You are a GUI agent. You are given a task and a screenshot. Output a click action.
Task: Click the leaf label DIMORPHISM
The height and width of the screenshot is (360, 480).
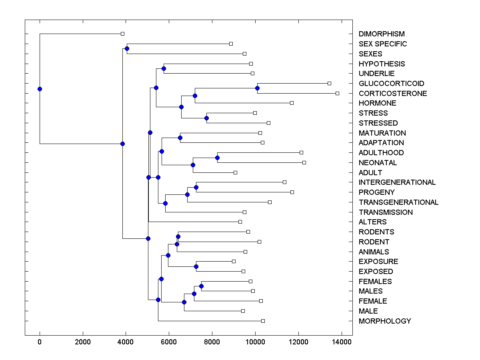[x=382, y=34]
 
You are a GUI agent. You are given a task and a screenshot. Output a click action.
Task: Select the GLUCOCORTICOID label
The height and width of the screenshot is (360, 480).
[x=391, y=84]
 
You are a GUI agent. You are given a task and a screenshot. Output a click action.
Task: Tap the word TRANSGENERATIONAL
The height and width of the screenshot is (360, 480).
[x=398, y=202]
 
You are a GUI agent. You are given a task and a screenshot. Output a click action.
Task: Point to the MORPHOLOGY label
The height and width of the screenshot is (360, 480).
[x=385, y=321]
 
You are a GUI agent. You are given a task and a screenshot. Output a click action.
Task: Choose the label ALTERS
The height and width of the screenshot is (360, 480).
[x=373, y=222]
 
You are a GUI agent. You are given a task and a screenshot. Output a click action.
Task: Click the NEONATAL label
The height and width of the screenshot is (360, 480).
[x=378, y=163]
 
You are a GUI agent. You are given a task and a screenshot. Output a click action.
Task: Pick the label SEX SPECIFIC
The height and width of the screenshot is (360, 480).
[x=383, y=44]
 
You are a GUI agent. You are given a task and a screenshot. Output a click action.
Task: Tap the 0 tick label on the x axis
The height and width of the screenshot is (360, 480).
[x=40, y=342]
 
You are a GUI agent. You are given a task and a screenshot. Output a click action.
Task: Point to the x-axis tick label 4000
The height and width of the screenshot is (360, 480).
[x=126, y=342]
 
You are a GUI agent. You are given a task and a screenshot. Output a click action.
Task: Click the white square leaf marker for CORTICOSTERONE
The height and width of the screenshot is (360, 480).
[x=337, y=93]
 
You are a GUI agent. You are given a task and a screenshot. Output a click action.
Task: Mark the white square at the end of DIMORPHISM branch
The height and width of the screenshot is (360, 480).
[x=123, y=34]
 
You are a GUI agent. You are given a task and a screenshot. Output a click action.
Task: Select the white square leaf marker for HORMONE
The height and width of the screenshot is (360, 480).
[x=292, y=103]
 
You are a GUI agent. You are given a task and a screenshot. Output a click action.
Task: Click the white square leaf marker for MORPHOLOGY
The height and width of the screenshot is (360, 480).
[x=263, y=321]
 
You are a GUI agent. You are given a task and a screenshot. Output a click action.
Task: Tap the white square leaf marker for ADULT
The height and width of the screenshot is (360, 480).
[x=235, y=172]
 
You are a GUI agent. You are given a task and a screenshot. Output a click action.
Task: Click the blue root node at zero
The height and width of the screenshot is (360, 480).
[x=40, y=89]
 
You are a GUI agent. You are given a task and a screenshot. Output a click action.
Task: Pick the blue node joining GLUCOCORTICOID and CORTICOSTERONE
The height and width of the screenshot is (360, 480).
[x=257, y=88]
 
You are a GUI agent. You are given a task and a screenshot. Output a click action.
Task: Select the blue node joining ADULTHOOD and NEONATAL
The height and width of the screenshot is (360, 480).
[x=217, y=158]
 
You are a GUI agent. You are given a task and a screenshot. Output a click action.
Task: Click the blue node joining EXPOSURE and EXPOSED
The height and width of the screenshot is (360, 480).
[x=196, y=266]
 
